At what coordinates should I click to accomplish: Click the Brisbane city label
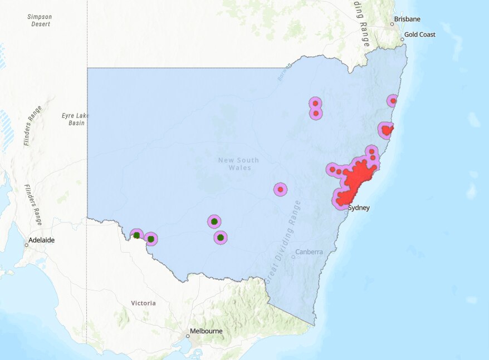pyautogui.click(x=407, y=19)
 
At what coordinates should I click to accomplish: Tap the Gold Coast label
pyautogui.click(x=419, y=34)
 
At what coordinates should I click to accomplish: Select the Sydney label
pyautogui.click(x=359, y=208)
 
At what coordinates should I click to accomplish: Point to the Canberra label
pyautogui.click(x=309, y=251)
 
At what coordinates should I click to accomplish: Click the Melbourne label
pyautogui.click(x=206, y=331)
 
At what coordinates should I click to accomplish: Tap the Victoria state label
pyautogui.click(x=144, y=303)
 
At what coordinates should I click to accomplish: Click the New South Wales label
pyautogui.click(x=238, y=164)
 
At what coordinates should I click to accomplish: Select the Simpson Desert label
pyautogui.click(x=39, y=20)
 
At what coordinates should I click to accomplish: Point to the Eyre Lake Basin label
pyautogui.click(x=75, y=119)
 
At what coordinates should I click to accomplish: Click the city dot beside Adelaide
pyautogui.click(x=26, y=244)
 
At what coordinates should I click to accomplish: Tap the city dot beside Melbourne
pyautogui.click(x=188, y=336)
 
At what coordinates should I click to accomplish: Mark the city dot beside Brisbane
pyautogui.click(x=392, y=24)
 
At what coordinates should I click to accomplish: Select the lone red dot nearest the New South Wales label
pyautogui.click(x=281, y=190)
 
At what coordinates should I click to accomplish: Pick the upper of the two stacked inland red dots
pyautogui.click(x=316, y=103)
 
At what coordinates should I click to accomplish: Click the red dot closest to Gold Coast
pyautogui.click(x=393, y=101)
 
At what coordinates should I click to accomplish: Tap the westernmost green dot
pyautogui.click(x=136, y=235)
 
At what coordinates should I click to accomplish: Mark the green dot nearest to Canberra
pyautogui.click(x=221, y=238)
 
